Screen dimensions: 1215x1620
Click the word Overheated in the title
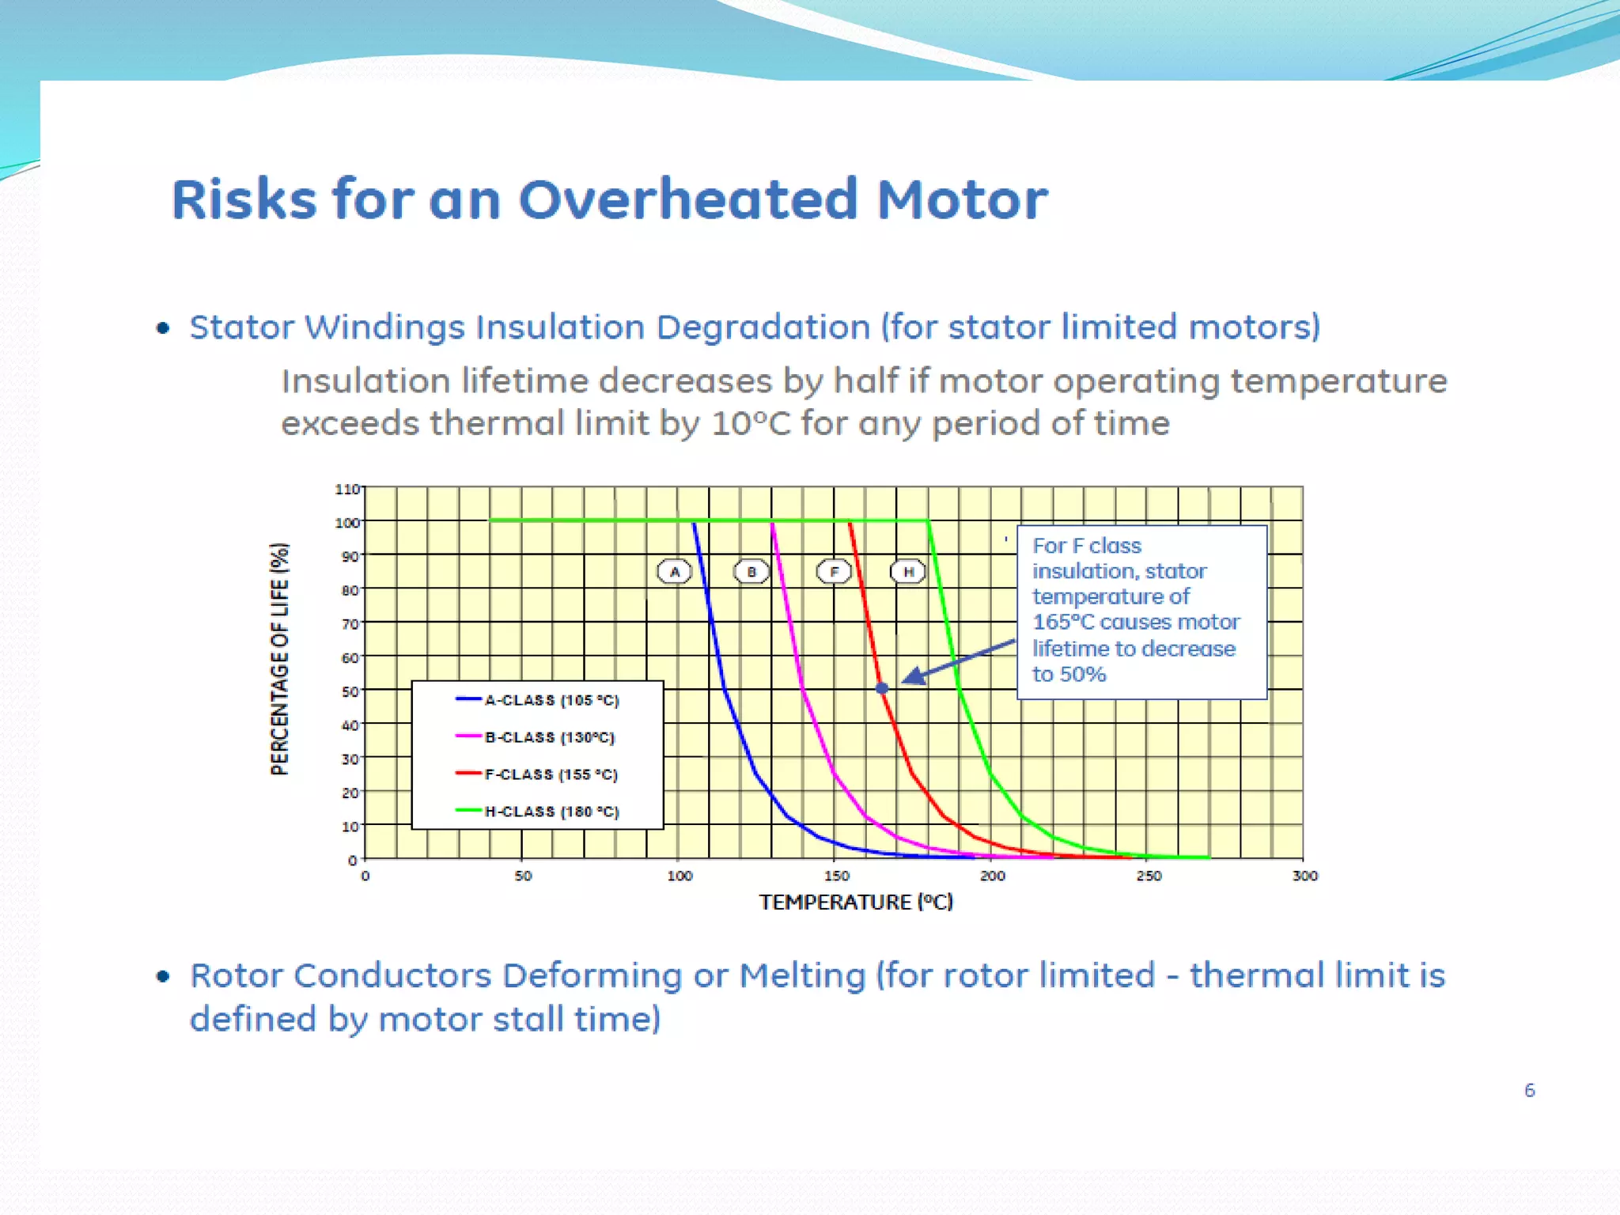coord(687,199)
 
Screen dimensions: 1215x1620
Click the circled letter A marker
coord(675,571)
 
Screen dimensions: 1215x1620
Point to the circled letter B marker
coord(751,571)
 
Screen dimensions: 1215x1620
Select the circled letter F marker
coord(834,571)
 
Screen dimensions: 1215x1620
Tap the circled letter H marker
coord(908,571)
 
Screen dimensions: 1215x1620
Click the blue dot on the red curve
coord(882,689)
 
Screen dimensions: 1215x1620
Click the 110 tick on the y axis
coord(346,490)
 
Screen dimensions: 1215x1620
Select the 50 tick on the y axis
coord(350,691)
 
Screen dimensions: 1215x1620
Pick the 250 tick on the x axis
coord(1149,876)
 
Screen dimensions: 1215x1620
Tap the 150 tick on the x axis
coord(836,876)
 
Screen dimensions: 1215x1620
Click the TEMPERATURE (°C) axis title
coord(856,903)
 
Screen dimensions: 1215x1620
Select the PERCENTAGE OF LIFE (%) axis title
coord(280,658)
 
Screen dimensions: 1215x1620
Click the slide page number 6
coord(1529,1091)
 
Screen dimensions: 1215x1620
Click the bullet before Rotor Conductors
coord(163,976)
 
